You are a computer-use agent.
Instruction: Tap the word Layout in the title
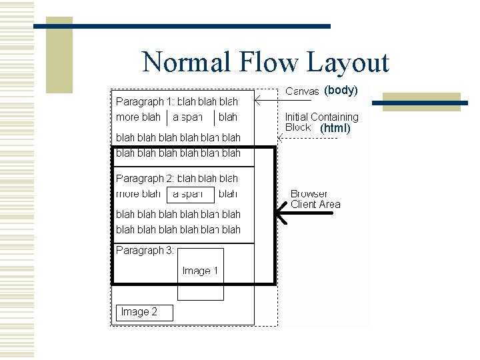coord(348,63)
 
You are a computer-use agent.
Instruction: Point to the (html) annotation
coord(335,128)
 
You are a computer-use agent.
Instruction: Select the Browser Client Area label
coord(315,199)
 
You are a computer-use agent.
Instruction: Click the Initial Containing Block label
coord(321,121)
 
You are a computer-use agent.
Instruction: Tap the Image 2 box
coord(145,312)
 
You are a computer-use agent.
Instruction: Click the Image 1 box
coord(200,271)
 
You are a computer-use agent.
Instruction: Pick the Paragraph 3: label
coord(145,251)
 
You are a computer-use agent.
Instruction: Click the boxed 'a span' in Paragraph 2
coord(190,194)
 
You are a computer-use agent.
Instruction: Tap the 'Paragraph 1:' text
coord(145,102)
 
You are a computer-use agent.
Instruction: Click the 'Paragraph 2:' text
coord(145,179)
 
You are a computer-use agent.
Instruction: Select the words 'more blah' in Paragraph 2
coord(138,194)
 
